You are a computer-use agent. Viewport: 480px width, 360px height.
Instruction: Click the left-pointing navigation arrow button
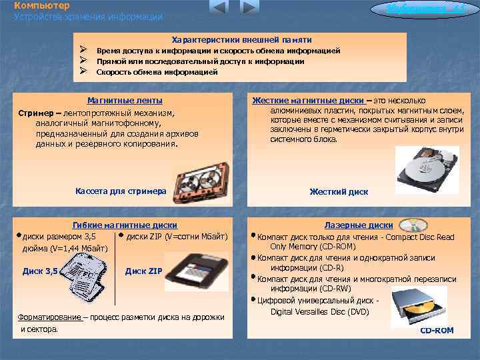[219, 7]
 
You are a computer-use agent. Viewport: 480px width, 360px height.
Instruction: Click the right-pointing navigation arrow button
[249, 7]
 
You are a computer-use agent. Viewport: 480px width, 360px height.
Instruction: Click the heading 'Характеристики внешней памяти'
[241, 40]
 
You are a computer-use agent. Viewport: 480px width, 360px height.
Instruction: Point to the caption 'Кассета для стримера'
[121, 191]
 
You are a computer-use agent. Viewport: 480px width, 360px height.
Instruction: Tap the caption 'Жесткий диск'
[339, 192]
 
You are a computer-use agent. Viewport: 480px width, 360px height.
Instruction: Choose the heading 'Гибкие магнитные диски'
[124, 225]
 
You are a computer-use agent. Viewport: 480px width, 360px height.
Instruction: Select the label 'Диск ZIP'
[143, 271]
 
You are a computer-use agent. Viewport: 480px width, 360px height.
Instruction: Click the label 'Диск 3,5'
[40, 271]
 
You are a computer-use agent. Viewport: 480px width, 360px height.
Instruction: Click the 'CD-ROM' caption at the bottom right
[437, 331]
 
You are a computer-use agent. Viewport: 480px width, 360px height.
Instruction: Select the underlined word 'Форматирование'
[50, 317]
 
